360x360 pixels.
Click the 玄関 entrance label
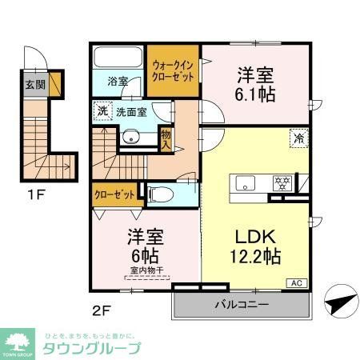tap(34, 86)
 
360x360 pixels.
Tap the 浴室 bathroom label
tap(118, 80)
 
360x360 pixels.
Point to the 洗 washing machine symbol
tap(102, 113)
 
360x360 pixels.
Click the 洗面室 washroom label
tap(130, 113)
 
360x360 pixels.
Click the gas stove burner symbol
tap(282, 180)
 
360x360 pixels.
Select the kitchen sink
tap(242, 181)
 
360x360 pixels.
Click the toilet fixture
tap(159, 193)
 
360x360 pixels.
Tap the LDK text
tap(254, 237)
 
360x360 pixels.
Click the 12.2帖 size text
tap(255, 258)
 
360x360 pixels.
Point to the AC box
tap(295, 282)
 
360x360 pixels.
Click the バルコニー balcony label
tap(240, 305)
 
